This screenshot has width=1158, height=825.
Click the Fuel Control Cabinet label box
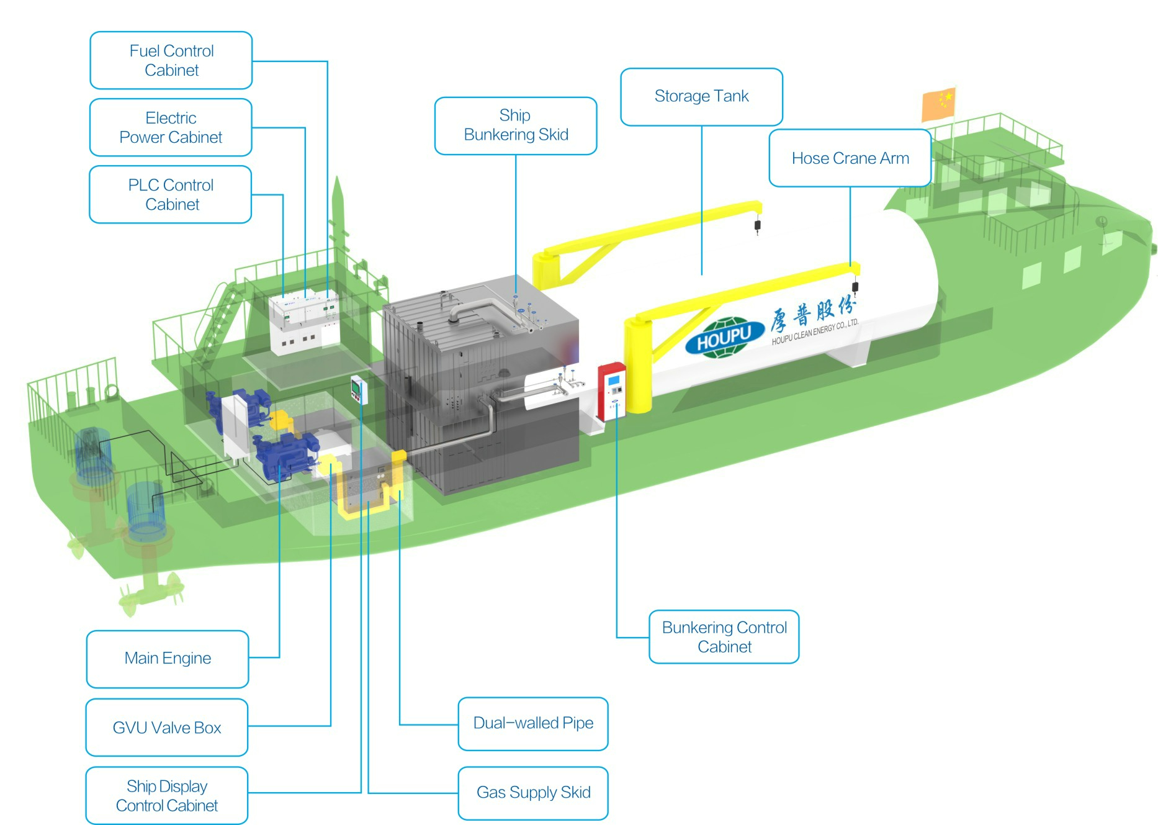(x=171, y=60)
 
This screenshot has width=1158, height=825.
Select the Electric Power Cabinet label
(x=171, y=127)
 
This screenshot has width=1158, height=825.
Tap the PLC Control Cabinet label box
(x=171, y=194)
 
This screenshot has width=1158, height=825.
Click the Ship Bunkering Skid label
(x=516, y=125)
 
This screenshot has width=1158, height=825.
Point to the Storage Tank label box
(x=701, y=97)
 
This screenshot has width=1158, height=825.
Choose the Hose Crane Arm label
(x=850, y=158)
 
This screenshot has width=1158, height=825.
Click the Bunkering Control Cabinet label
(x=724, y=637)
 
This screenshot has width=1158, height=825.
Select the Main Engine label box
(x=168, y=659)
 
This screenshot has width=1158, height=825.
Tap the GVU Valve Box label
(x=167, y=728)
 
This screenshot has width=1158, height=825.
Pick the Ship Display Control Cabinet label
(x=167, y=796)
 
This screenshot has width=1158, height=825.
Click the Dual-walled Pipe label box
(x=533, y=724)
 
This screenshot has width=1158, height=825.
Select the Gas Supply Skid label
(x=533, y=793)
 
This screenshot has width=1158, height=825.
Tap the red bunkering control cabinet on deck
(x=612, y=391)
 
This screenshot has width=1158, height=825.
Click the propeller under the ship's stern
(x=152, y=590)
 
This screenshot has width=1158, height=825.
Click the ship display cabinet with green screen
(x=359, y=390)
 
